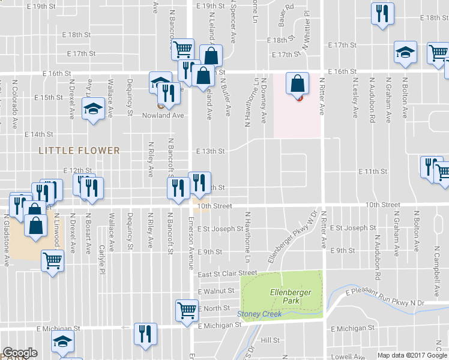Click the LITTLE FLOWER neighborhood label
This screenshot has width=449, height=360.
pyautogui.click(x=79, y=150)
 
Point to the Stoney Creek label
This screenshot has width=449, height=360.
pyautogui.click(x=259, y=314)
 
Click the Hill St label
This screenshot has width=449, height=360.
pyautogui.click(x=271, y=340)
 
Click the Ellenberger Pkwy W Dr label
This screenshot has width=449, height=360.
pyautogui.click(x=292, y=237)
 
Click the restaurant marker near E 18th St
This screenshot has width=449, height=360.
pyautogui.click(x=382, y=13)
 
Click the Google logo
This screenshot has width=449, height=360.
pyautogui.click(x=20, y=353)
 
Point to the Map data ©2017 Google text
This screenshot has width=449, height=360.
pyautogui.click(x=412, y=355)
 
